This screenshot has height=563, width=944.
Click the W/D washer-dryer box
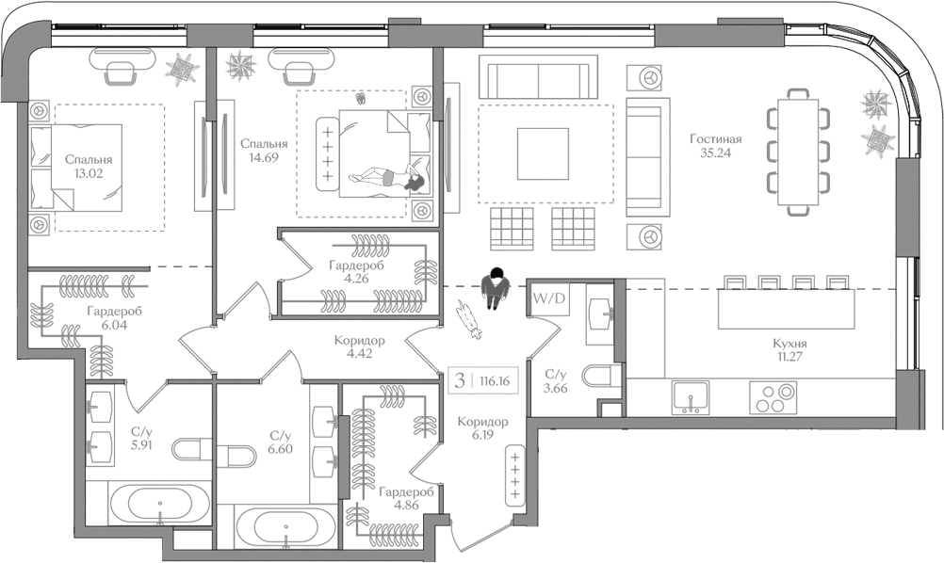pyautogui.click(x=549, y=298)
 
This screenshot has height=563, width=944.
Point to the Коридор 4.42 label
pyautogui.click(x=359, y=347)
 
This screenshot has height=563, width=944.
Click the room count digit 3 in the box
pyautogui.click(x=459, y=380)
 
